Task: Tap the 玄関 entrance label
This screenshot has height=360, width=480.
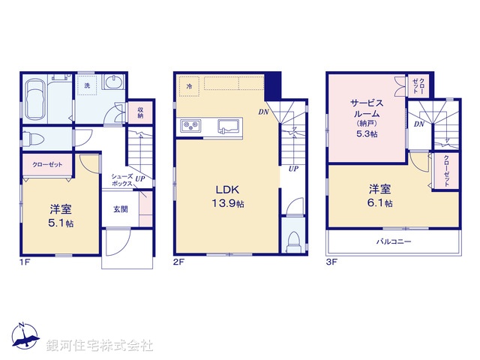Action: [121, 210]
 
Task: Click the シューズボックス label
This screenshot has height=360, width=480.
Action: [122, 180]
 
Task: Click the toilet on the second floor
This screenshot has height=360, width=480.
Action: [295, 239]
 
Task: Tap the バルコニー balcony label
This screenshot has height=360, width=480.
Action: [391, 241]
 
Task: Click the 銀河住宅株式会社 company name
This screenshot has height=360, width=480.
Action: [100, 346]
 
